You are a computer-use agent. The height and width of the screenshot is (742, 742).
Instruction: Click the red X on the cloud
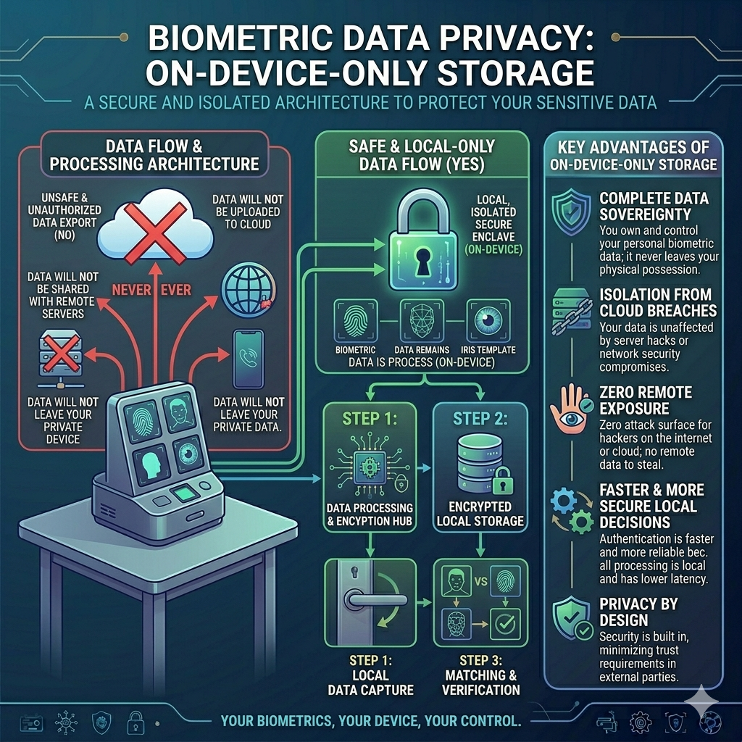[155, 233]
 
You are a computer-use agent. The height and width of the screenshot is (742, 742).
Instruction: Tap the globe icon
[249, 289]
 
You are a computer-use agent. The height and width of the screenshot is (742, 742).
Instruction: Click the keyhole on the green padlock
[422, 261]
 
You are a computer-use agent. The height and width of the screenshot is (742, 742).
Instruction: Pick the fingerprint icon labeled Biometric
[355, 320]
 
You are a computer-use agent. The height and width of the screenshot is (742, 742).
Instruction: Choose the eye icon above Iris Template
[488, 320]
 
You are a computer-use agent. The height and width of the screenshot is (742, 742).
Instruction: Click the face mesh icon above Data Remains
[422, 320]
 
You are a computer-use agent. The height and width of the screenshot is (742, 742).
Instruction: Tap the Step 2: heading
[480, 418]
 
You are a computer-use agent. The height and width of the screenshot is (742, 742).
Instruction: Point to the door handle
[374, 599]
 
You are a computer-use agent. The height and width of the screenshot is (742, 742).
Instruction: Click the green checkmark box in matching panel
[505, 624]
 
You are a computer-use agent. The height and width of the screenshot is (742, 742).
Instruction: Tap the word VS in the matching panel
[480, 581]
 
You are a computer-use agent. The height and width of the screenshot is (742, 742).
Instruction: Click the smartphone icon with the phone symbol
[248, 359]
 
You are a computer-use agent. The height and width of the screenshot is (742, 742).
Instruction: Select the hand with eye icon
[571, 409]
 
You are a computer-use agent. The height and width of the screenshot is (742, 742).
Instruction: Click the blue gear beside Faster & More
[564, 501]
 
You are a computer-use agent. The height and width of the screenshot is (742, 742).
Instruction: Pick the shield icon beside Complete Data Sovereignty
[571, 212]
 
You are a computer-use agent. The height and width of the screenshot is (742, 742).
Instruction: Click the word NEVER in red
[131, 290]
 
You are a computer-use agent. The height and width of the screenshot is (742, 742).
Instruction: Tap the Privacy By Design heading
[638, 612]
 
